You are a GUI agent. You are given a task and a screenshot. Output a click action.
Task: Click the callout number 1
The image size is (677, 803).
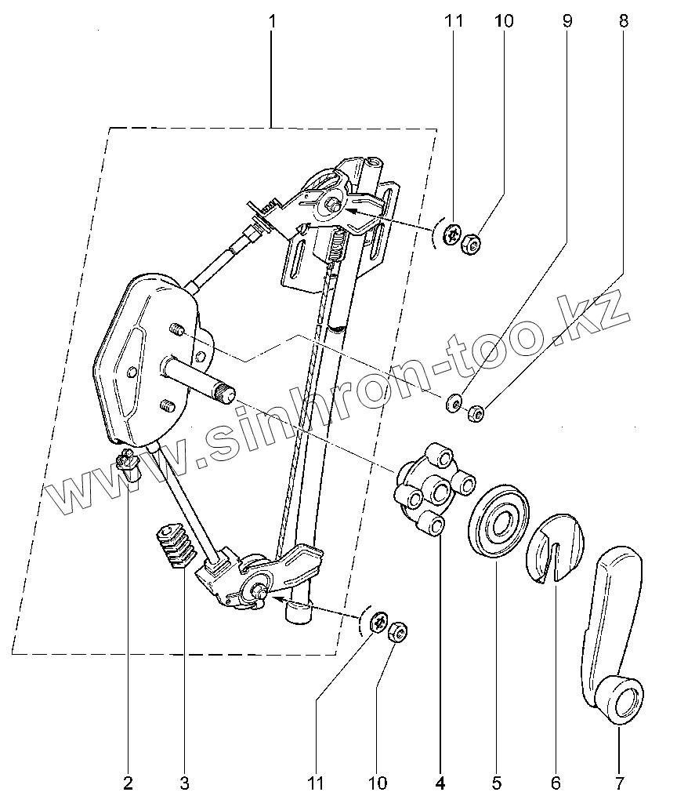(272, 21)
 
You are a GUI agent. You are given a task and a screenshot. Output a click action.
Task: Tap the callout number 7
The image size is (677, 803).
(618, 782)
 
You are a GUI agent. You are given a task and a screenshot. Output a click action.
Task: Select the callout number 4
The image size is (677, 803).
(440, 782)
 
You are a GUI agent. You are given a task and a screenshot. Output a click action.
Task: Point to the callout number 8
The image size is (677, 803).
(623, 21)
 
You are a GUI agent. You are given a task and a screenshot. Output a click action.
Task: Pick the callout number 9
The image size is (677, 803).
(567, 21)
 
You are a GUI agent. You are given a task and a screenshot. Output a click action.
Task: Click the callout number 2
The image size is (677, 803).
(128, 782)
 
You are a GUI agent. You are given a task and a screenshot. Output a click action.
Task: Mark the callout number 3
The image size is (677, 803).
(184, 782)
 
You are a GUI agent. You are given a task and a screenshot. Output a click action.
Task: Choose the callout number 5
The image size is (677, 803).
(497, 782)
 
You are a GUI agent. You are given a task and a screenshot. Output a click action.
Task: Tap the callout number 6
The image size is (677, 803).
(556, 782)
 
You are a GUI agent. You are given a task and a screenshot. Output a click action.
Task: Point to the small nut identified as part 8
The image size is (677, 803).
(475, 412)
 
